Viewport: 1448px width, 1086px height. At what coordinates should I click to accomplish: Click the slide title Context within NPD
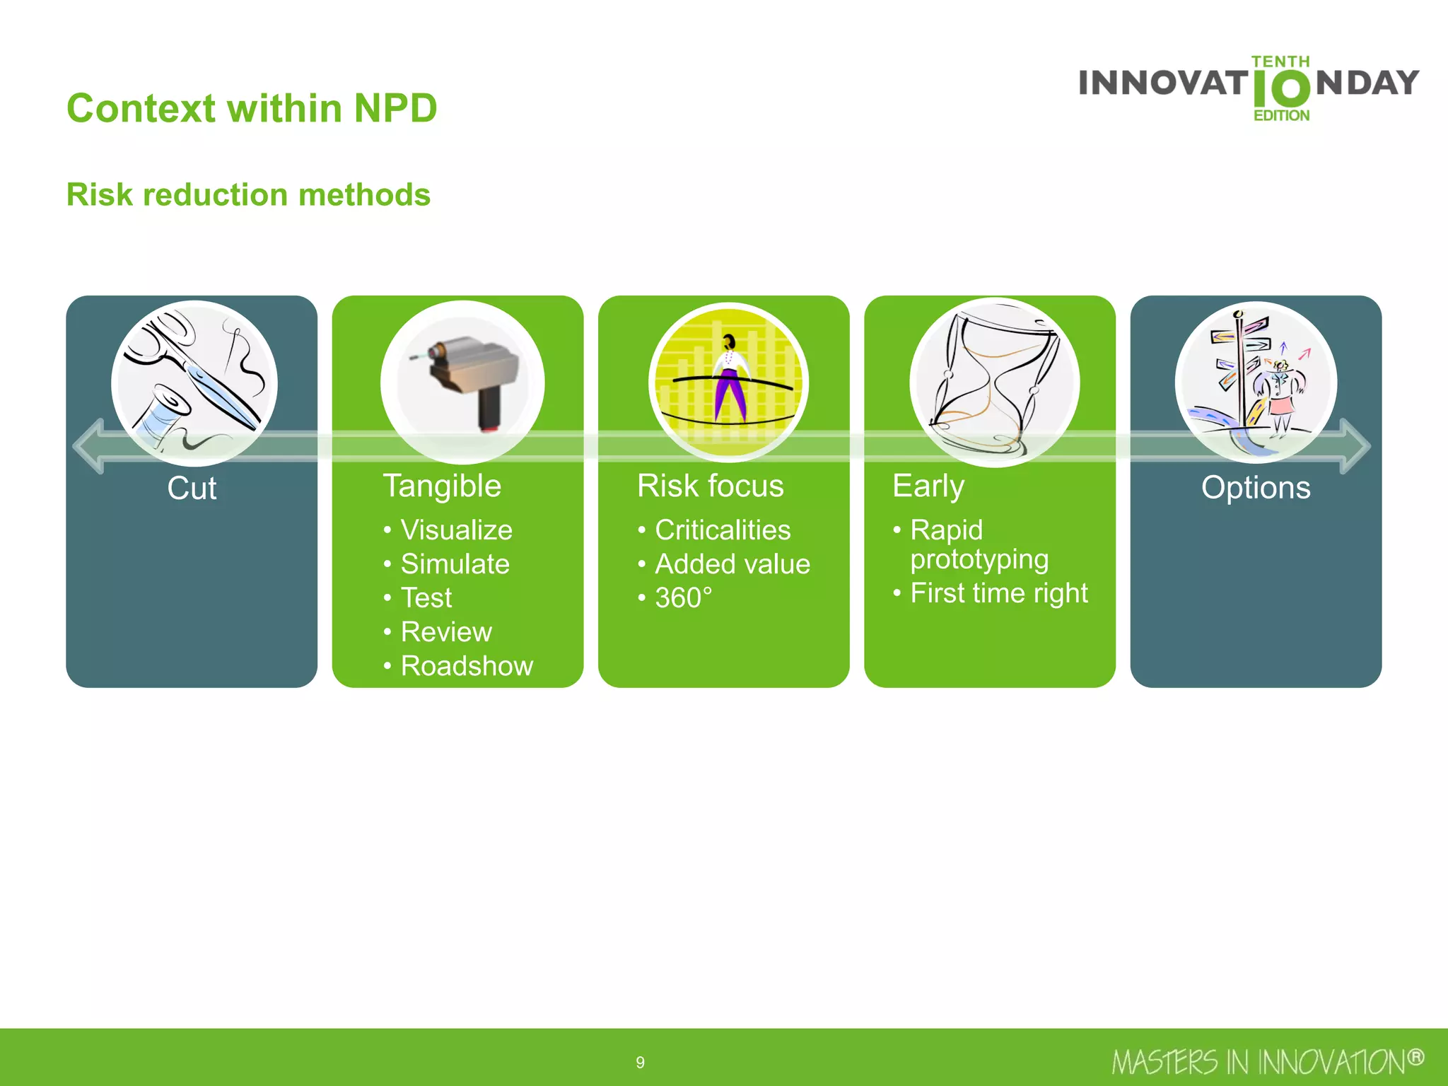[252, 108]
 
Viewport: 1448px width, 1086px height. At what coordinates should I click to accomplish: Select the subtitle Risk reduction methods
[248, 194]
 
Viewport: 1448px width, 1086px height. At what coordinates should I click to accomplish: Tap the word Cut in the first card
[192, 488]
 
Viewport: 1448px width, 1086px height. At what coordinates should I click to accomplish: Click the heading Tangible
[442, 486]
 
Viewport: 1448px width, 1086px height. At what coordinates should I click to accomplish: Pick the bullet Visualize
[456, 530]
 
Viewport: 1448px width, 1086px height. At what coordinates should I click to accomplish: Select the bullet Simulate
[455, 564]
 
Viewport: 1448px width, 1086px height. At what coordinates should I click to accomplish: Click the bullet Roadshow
[467, 666]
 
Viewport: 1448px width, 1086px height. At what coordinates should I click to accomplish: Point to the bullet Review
[446, 631]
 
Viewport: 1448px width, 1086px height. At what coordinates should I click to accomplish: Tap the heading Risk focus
[710, 486]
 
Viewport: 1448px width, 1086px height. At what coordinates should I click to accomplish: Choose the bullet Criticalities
[722, 530]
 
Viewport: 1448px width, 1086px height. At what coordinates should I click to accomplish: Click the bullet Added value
[732, 564]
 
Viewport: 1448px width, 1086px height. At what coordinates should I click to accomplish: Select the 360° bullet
[683, 598]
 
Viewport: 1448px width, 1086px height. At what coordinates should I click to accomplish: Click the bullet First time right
[998, 592]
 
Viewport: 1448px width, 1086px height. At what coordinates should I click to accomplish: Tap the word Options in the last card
[1256, 488]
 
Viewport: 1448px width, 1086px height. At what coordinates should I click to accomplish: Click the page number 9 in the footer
[640, 1062]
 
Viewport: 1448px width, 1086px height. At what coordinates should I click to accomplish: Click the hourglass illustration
[994, 383]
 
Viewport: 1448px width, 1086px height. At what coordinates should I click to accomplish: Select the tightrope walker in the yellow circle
[729, 382]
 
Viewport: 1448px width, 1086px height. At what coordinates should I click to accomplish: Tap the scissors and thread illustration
[194, 383]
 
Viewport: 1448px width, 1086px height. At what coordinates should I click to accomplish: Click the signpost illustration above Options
[1256, 382]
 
